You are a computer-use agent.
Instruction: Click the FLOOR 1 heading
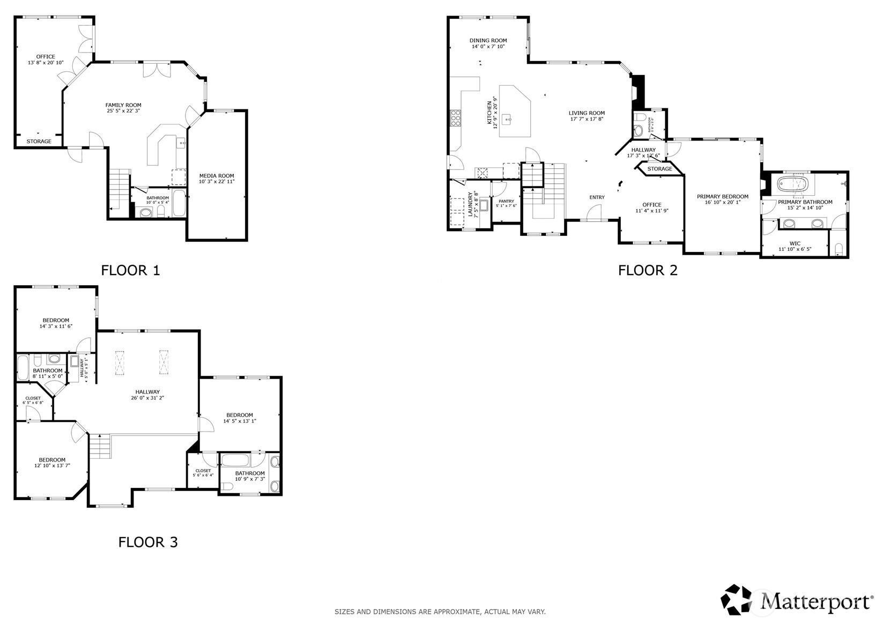point(130,270)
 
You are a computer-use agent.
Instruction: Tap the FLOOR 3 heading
point(147,542)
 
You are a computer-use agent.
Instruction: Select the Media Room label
point(217,176)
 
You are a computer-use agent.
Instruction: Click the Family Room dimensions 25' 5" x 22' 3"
point(123,111)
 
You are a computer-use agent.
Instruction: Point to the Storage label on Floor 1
point(39,142)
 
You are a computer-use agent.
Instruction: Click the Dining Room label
point(488,40)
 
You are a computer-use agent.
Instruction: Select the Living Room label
point(587,113)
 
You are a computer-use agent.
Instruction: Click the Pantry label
point(506,201)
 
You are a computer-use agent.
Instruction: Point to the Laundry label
point(470,204)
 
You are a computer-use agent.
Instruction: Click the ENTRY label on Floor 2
point(597,197)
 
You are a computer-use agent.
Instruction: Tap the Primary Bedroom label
point(722,197)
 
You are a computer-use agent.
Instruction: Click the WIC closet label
point(795,243)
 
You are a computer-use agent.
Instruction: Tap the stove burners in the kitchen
point(456,117)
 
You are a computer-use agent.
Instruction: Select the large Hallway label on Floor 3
point(147,392)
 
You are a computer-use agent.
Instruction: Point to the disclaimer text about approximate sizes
point(440,612)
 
